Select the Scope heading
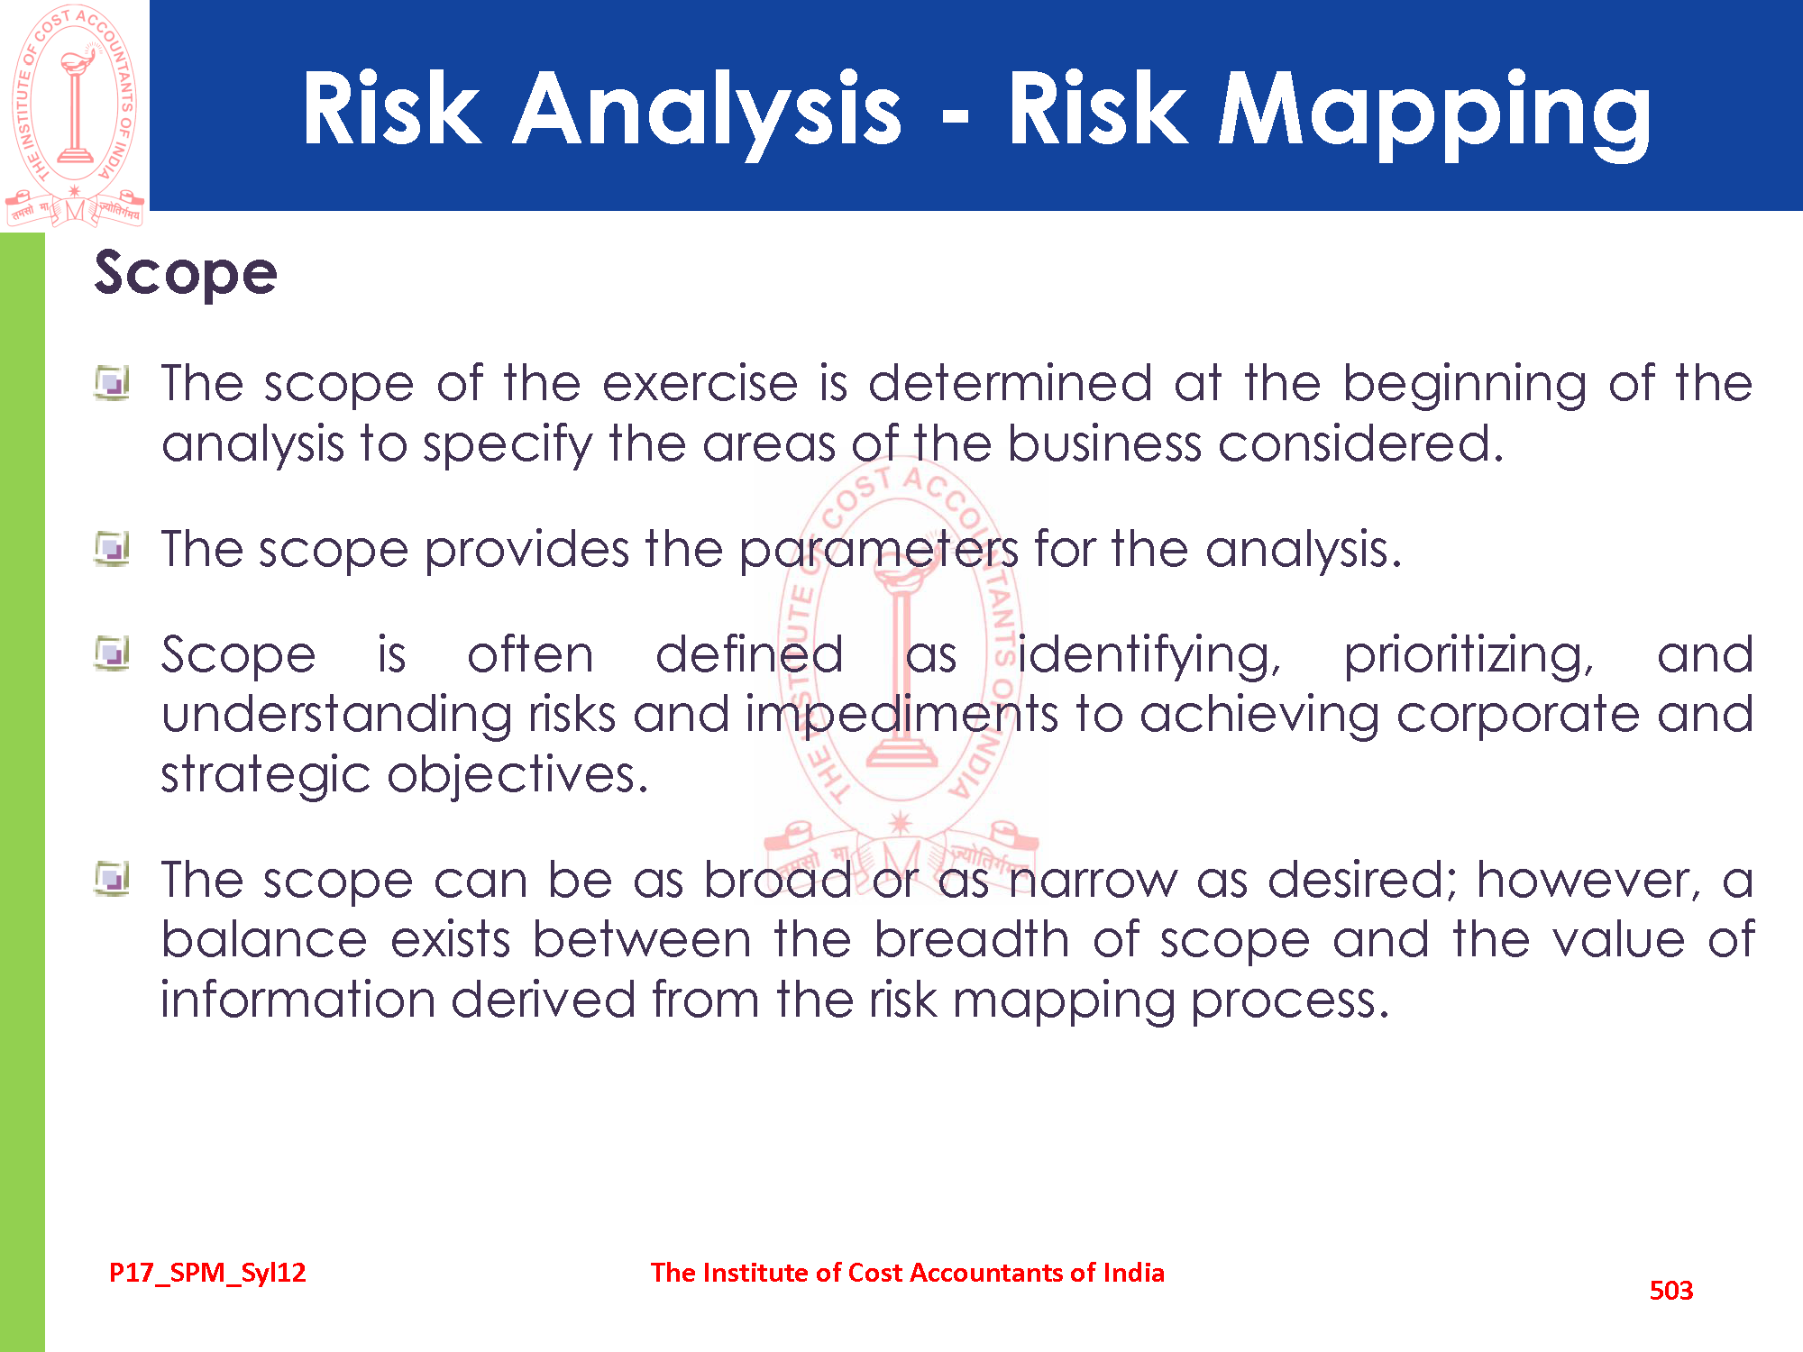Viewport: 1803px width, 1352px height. [x=186, y=274]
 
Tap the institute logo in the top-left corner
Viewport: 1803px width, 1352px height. [x=75, y=114]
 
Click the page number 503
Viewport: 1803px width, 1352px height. [x=1671, y=1291]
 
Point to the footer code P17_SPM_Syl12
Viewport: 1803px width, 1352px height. [x=207, y=1273]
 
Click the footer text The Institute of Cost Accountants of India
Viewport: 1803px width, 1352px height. [x=908, y=1273]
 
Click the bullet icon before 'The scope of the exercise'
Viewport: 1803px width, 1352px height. [x=112, y=383]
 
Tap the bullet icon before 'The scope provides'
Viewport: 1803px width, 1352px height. [x=112, y=549]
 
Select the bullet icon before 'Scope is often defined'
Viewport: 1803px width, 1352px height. [x=112, y=654]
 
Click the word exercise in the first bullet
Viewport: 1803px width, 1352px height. [x=700, y=384]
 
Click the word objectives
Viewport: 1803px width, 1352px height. [x=518, y=776]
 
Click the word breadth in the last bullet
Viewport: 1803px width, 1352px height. [x=972, y=940]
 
